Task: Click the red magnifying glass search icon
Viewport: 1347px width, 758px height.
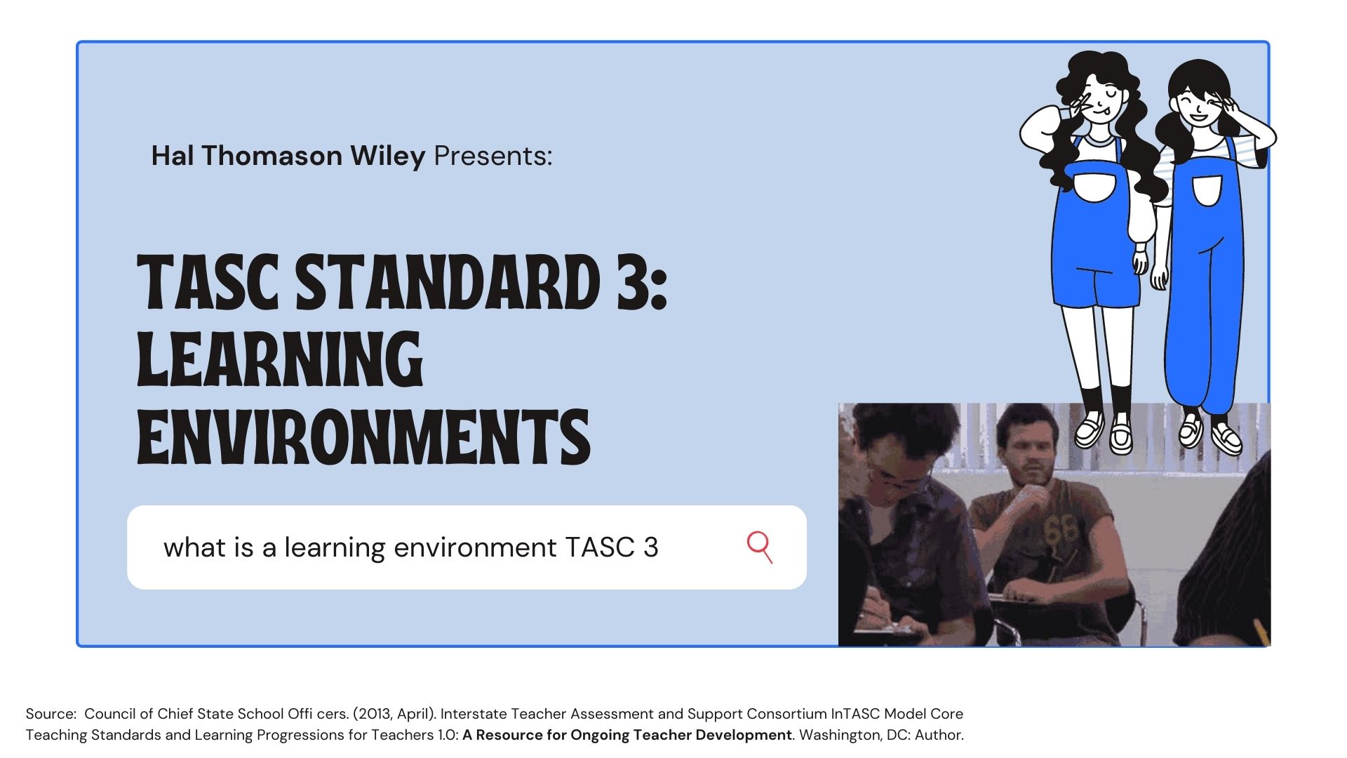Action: (759, 546)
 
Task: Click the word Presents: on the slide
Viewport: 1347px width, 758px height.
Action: (492, 156)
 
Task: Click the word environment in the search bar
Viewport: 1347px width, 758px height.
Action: (475, 547)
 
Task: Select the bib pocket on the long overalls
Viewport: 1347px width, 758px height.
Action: (1207, 189)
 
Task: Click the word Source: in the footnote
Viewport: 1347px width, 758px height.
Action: (51, 714)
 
